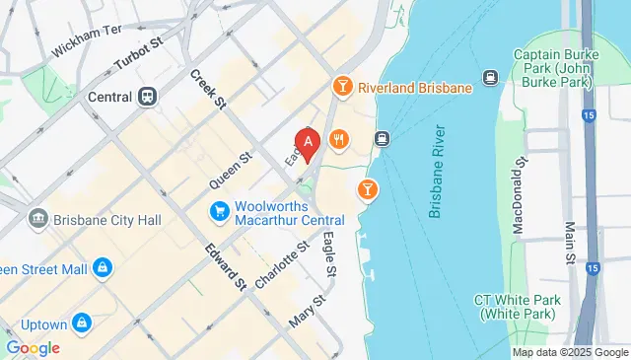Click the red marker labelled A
pos(308,145)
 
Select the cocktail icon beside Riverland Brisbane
pos(342,87)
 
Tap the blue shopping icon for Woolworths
pos(220,210)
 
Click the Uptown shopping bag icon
pos(82,323)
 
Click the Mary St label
pos(307,312)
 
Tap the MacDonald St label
pos(518,201)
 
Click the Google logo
pos(33,347)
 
